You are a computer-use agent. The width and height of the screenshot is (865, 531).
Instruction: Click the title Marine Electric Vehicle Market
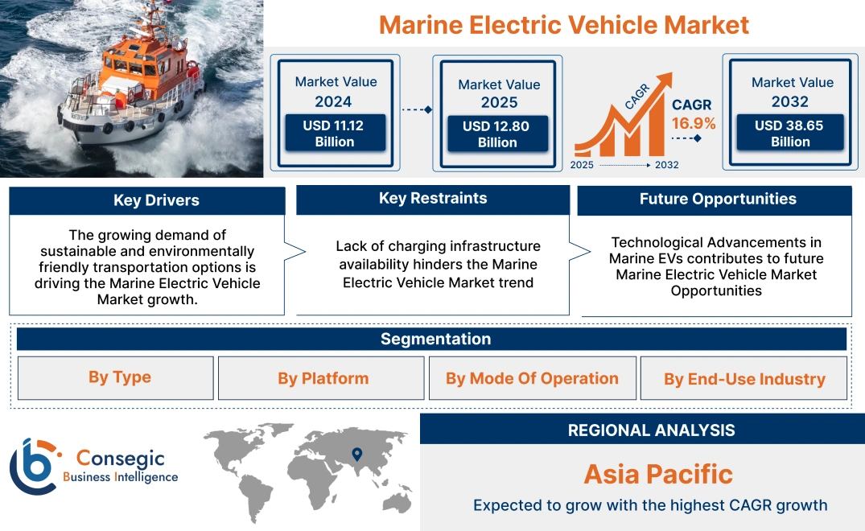pos(563,24)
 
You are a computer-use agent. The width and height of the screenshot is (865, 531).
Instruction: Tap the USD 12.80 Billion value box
pos(497,134)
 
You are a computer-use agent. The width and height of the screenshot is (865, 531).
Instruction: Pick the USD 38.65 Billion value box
pos(789,133)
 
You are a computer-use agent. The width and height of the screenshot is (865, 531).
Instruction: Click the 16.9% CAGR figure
pos(693,123)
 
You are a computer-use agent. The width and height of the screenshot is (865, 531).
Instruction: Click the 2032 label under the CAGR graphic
pos(666,165)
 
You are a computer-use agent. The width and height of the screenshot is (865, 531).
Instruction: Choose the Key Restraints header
pos(433,199)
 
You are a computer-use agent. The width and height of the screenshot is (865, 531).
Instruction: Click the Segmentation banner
pos(435,339)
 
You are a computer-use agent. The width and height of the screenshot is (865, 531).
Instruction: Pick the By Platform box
pos(323,378)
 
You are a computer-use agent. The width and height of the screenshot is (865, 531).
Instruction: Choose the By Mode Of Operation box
pos(532,378)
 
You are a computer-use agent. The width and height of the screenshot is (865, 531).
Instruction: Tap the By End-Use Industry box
pos(744,379)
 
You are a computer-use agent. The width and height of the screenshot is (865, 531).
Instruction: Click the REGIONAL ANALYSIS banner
pos(651,430)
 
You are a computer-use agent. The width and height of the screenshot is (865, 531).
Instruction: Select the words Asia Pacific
pos(657,474)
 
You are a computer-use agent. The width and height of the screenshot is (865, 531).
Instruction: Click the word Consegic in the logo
pos(121,459)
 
